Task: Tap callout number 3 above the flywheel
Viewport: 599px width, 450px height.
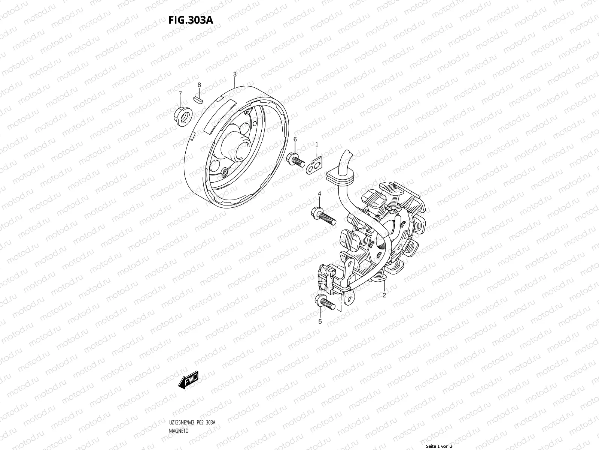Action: pyautogui.click(x=235, y=74)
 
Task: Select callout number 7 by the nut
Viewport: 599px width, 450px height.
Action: pyautogui.click(x=180, y=93)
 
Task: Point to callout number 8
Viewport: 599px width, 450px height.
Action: pyautogui.click(x=199, y=85)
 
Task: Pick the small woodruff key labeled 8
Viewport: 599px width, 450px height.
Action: pyautogui.click(x=199, y=99)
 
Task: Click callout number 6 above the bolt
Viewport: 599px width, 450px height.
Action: pyautogui.click(x=295, y=139)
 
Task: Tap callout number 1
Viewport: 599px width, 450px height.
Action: pyautogui.click(x=317, y=144)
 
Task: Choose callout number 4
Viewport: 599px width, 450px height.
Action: pyautogui.click(x=319, y=193)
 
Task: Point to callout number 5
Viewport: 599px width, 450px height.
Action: pyautogui.click(x=320, y=321)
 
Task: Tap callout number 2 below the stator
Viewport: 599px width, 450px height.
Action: pyautogui.click(x=384, y=295)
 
